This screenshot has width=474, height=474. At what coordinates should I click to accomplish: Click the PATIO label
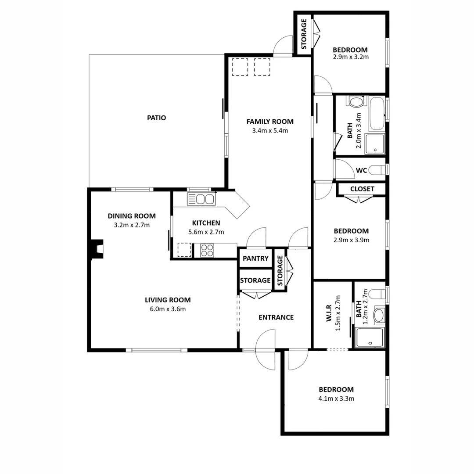[156, 118]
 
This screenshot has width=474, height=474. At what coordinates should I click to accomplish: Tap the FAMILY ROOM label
[269, 122]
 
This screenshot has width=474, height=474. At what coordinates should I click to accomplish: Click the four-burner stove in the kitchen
[207, 250]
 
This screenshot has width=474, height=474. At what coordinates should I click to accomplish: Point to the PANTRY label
[255, 259]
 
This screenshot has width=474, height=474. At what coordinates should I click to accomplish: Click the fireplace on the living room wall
[97, 249]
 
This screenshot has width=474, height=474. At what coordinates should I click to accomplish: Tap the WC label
[361, 170]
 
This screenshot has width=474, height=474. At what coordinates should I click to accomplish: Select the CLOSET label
[362, 189]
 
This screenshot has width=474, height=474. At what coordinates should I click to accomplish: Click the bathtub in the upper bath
[376, 114]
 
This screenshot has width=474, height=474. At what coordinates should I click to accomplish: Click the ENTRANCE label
[276, 317]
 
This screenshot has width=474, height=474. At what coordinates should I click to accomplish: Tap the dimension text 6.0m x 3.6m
[168, 309]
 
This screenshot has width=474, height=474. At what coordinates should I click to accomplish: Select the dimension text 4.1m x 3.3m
[336, 399]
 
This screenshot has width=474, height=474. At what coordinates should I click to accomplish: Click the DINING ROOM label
[132, 216]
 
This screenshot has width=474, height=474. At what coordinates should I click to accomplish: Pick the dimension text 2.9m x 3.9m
[351, 240]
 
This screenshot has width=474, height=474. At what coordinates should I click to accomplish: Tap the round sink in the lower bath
[378, 315]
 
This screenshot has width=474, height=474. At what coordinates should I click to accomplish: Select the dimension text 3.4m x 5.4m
[269, 130]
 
